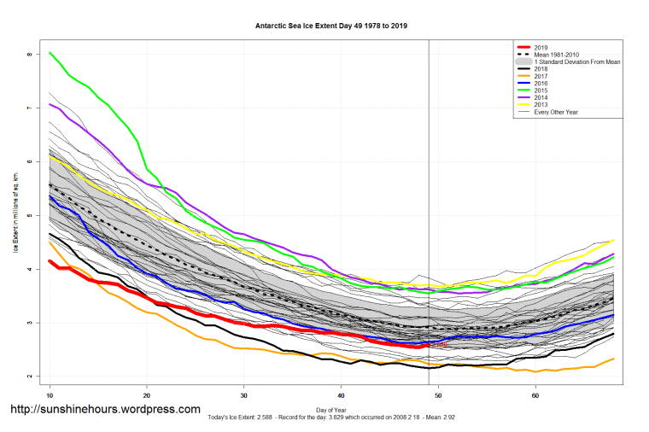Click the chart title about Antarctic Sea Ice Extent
331,26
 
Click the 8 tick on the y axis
28,54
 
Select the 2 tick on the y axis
28,377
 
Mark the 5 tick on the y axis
28,215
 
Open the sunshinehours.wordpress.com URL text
105,410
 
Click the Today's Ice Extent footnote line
331,417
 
